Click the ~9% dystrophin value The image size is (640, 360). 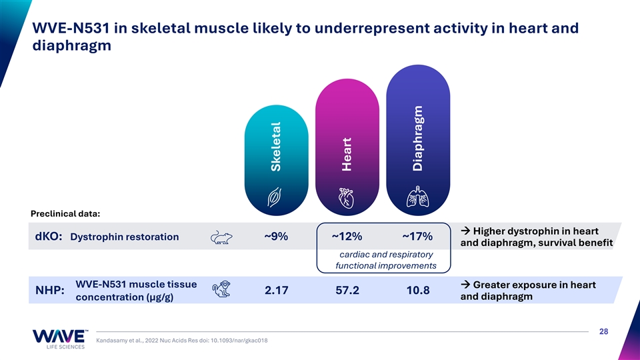(x=276, y=236)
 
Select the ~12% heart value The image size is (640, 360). (x=347, y=236)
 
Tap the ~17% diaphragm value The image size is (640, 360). (x=417, y=236)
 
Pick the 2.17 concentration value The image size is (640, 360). (x=276, y=290)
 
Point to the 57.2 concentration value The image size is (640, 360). (x=347, y=290)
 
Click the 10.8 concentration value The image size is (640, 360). (x=418, y=290)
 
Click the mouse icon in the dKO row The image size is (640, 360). (x=221, y=237)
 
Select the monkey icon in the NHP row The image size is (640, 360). (x=221, y=289)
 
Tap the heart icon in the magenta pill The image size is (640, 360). (x=346, y=199)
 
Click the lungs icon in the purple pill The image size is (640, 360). (x=417, y=196)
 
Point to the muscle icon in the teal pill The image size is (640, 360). (x=274, y=197)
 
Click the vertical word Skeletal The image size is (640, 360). (x=276, y=147)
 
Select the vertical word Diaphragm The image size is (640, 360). (x=417, y=139)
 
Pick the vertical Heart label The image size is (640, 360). (x=347, y=154)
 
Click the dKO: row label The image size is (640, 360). (x=49, y=236)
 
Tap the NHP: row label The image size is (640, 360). (x=50, y=290)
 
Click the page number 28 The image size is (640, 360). (x=604, y=331)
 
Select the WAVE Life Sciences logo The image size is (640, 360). (x=59, y=339)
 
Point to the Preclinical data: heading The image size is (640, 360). (x=65, y=213)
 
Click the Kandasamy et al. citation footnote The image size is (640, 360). (x=181, y=341)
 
